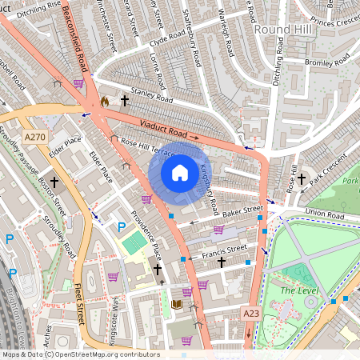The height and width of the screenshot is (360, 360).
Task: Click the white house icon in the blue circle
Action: (x=180, y=172)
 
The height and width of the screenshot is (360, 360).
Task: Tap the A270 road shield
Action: (x=34, y=138)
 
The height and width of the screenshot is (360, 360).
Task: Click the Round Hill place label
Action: (x=276, y=29)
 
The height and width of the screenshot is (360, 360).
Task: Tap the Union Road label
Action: (x=324, y=216)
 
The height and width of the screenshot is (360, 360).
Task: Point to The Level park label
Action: (x=297, y=290)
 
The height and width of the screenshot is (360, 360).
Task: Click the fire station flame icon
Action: (x=105, y=102)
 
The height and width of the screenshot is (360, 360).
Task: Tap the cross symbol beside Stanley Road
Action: (x=124, y=101)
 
